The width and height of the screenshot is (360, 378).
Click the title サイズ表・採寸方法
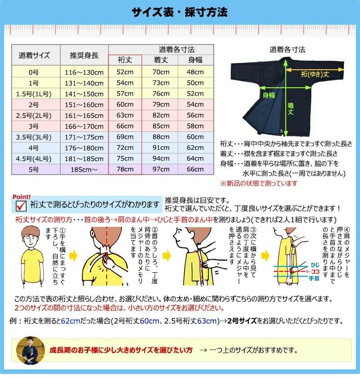[180, 12]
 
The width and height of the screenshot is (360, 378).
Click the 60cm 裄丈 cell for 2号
[125, 104]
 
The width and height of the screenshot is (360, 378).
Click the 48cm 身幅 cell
[195, 72]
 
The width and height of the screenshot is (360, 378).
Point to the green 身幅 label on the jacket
[269, 94]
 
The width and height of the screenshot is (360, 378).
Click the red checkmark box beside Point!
[21, 205]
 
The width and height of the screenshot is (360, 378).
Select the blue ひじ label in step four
[314, 265]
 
